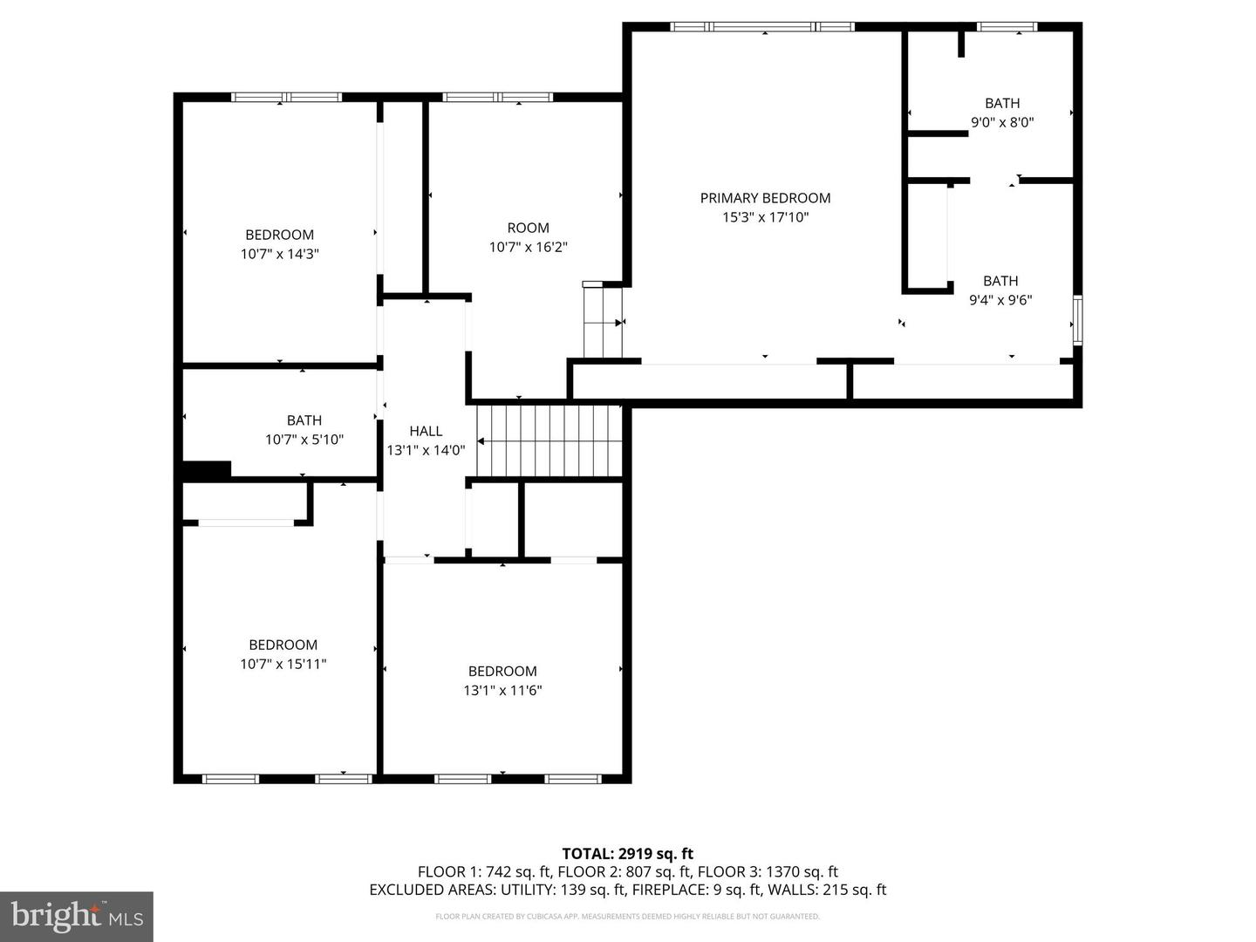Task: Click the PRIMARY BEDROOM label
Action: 765,198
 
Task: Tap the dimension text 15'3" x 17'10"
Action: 765,217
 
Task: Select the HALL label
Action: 426,431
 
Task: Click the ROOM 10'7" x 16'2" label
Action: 528,237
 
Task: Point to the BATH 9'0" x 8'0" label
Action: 1002,113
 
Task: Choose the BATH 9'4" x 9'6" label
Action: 1000,290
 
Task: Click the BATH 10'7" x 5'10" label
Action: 304,430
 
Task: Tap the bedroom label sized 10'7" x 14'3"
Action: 279,244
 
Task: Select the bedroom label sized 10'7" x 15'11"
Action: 283,654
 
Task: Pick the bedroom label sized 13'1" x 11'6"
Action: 502,680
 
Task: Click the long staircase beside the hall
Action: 549,440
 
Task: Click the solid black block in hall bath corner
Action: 206,470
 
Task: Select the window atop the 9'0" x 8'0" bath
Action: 1007,27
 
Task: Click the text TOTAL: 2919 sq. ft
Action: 627,854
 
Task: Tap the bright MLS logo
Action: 77,916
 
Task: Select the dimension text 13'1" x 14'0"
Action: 426,450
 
